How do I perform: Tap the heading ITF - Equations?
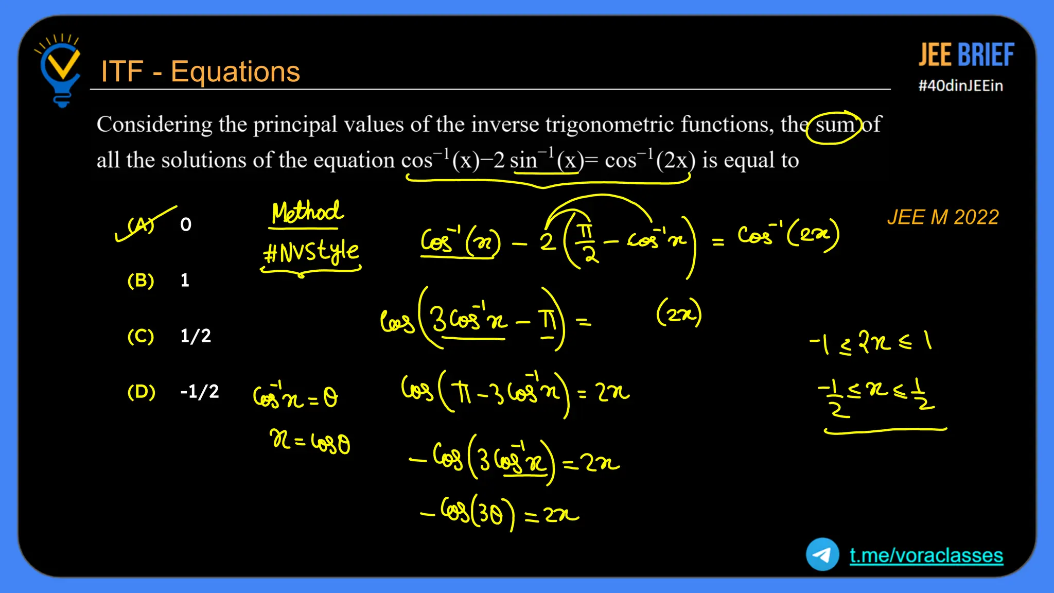coord(200,72)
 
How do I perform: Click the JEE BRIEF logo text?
coord(966,55)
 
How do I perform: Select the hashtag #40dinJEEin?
coord(960,85)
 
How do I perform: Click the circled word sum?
coord(834,125)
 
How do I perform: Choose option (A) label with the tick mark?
coord(140,225)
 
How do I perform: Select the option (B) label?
coord(140,281)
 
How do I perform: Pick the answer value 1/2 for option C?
coord(196,336)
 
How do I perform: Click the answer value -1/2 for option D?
coord(199,392)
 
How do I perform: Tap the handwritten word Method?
coord(307,212)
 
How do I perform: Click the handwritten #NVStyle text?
coord(311,252)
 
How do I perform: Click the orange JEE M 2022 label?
coord(943,217)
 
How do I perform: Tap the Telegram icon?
coord(822,554)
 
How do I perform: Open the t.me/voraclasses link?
coord(926,555)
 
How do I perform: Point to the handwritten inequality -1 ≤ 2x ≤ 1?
coord(870,342)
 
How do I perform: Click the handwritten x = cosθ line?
coord(310,442)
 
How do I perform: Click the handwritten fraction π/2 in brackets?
coord(586,242)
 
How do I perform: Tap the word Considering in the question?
coord(154,125)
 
